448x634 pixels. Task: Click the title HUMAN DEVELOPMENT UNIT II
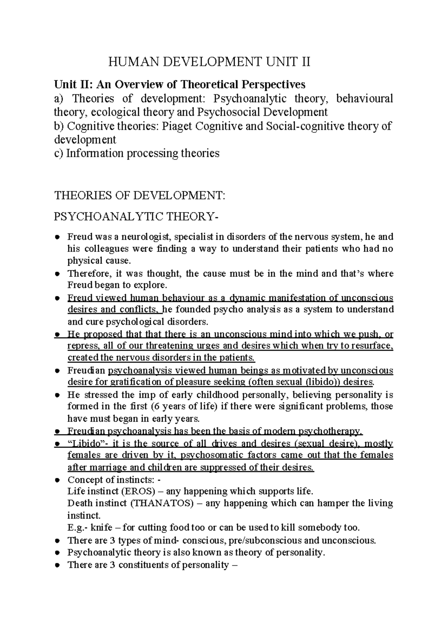[209, 61]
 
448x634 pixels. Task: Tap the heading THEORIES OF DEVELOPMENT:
[140, 195]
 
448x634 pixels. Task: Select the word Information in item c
[91, 154]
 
